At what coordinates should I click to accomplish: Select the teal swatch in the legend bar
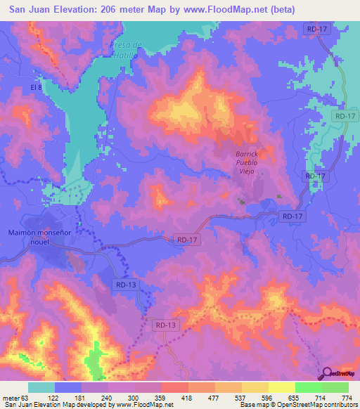[41, 387]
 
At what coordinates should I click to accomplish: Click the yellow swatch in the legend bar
[281, 387]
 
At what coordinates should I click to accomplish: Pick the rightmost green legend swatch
[335, 387]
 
